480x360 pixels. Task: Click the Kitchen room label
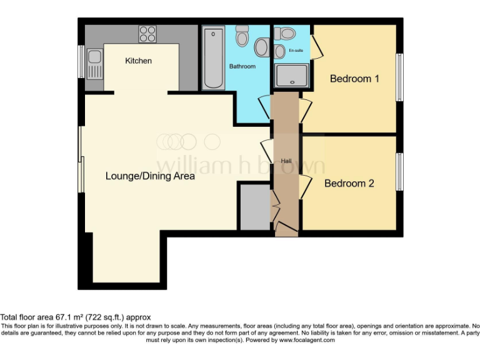point(138,61)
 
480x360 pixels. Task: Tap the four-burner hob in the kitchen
point(147,33)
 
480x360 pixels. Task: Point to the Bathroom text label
point(242,66)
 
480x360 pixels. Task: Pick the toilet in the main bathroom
point(261,46)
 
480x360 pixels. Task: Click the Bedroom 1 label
point(354,79)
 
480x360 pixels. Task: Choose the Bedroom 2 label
point(349,184)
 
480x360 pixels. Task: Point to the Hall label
point(286,161)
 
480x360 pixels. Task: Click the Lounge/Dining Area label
point(150,176)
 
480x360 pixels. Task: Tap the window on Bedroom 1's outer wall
point(399,76)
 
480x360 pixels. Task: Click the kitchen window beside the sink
point(81,62)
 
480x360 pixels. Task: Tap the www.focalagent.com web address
point(306,341)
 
